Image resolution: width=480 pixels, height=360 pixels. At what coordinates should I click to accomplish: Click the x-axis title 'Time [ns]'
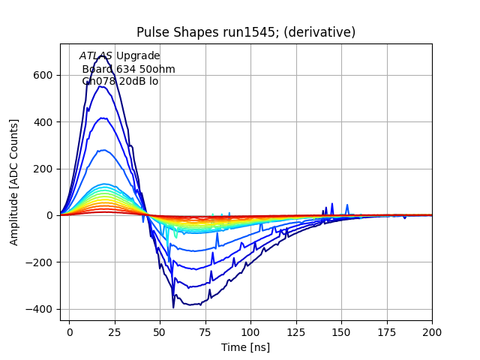click(x=245, y=347)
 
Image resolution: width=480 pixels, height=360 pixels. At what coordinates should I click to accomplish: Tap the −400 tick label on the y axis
click(x=40, y=309)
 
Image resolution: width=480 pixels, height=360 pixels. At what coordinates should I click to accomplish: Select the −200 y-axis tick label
click(x=40, y=262)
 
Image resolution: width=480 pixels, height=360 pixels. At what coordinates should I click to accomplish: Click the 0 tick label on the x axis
click(x=70, y=331)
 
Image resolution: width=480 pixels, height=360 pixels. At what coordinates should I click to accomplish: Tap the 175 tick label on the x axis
click(x=387, y=331)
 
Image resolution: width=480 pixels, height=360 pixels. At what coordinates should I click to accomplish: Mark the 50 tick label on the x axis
click(x=160, y=331)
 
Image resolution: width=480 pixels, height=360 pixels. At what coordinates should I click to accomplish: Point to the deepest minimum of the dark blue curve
click(x=173, y=307)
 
